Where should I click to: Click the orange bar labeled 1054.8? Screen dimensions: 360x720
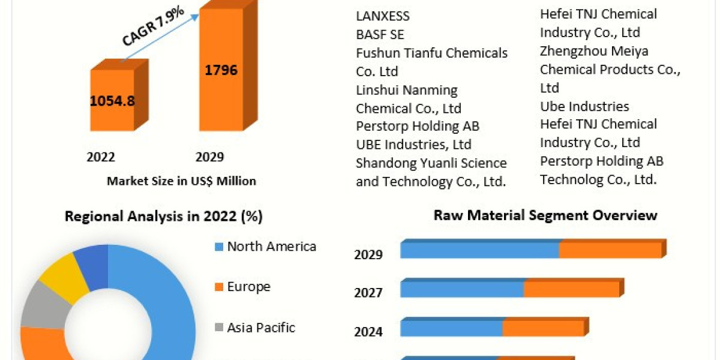tap(112, 101)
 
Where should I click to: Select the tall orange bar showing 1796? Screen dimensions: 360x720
tap(221, 71)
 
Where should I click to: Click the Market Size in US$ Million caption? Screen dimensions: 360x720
tap(181, 181)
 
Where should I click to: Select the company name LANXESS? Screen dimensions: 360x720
tap(382, 16)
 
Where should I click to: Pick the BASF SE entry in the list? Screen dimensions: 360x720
tap(380, 34)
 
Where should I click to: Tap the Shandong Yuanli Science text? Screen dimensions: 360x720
tap(431, 163)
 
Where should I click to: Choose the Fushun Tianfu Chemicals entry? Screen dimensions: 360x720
tap(431, 53)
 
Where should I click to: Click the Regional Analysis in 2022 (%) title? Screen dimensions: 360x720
tap(164, 217)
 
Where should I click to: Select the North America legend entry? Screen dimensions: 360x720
tap(271, 247)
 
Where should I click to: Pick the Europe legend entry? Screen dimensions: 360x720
tap(248, 287)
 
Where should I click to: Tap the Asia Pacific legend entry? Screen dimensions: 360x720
tap(261, 328)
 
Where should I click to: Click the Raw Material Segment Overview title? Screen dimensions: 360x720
tap(545, 215)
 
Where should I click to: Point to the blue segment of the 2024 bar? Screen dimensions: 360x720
tap(451, 328)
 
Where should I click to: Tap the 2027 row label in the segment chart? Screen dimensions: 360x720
tap(368, 293)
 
